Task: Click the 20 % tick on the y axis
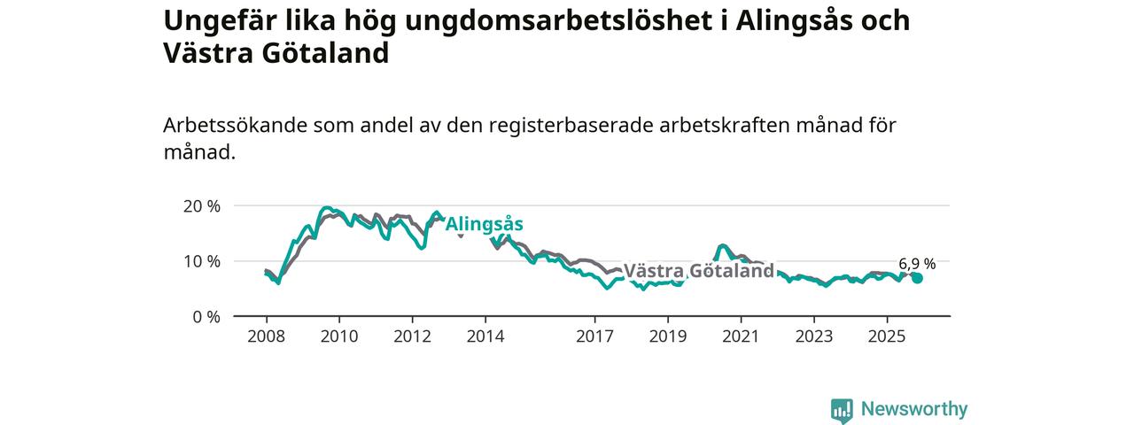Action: pos(201,206)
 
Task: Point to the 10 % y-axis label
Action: pos(201,261)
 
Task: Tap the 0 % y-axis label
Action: pos(206,316)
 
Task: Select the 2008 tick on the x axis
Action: pos(266,336)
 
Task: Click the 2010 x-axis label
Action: pos(338,336)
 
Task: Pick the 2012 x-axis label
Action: pos(412,336)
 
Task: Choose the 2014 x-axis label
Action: pos(485,336)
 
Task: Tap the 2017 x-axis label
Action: pos(594,336)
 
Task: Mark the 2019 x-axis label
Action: pos(667,336)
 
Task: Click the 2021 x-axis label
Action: pos(740,336)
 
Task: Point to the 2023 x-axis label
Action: pos(813,336)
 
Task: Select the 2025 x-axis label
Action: pos(886,336)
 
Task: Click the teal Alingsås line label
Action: pos(484,225)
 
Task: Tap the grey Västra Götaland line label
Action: pos(699,271)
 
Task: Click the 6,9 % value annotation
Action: pos(917,263)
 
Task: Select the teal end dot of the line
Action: pos(917,278)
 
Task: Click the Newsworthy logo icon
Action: pos(842,409)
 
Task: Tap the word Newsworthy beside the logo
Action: pos(914,409)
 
